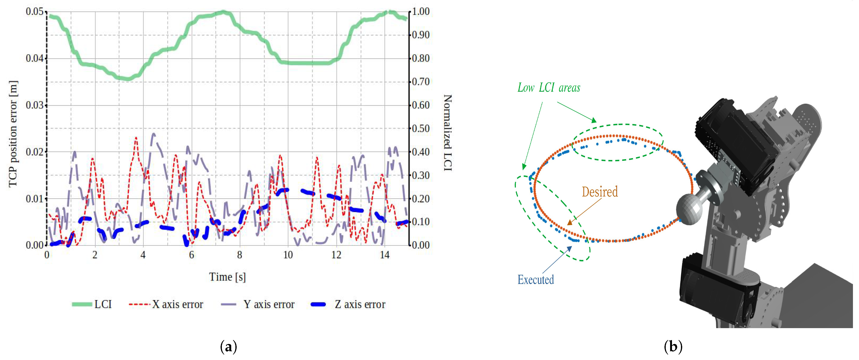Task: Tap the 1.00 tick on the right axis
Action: click(421, 12)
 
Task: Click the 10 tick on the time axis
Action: click(288, 255)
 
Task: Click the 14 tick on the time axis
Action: click(384, 255)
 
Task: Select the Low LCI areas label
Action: click(549, 88)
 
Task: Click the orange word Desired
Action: click(600, 192)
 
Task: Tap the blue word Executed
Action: click(536, 280)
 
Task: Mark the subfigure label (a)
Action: click(229, 347)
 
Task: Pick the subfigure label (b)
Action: click(673, 347)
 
